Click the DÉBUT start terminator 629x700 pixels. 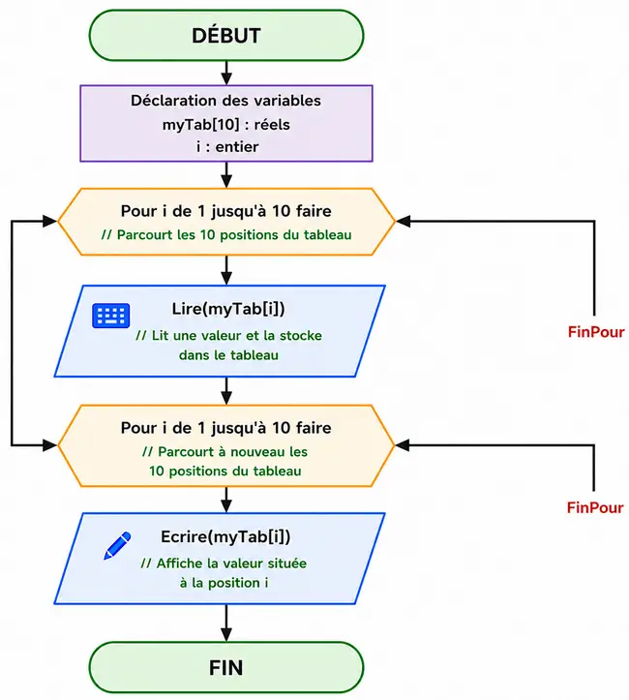pyautogui.click(x=226, y=35)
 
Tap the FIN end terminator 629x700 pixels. pyautogui.click(x=226, y=667)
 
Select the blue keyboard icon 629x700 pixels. pyautogui.click(x=111, y=316)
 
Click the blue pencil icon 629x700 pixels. pyautogui.click(x=117, y=545)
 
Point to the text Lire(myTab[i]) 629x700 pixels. pyautogui.click(x=228, y=309)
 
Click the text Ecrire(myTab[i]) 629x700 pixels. pyautogui.click(x=225, y=536)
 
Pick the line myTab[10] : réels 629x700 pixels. pyautogui.click(x=226, y=125)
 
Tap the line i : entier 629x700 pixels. pyautogui.click(x=227, y=147)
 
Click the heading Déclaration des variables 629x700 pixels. pyautogui.click(x=225, y=101)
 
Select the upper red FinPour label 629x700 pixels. pyautogui.click(x=596, y=332)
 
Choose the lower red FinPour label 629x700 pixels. pyautogui.click(x=595, y=507)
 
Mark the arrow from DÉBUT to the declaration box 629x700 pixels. pyautogui.click(x=226, y=73)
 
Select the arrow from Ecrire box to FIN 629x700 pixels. pyautogui.click(x=226, y=624)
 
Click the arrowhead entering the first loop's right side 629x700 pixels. pyautogui.click(x=403, y=221)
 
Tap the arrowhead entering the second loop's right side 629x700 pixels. pyautogui.click(x=403, y=445)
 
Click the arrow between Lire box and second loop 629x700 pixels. pyautogui.click(x=226, y=391)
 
